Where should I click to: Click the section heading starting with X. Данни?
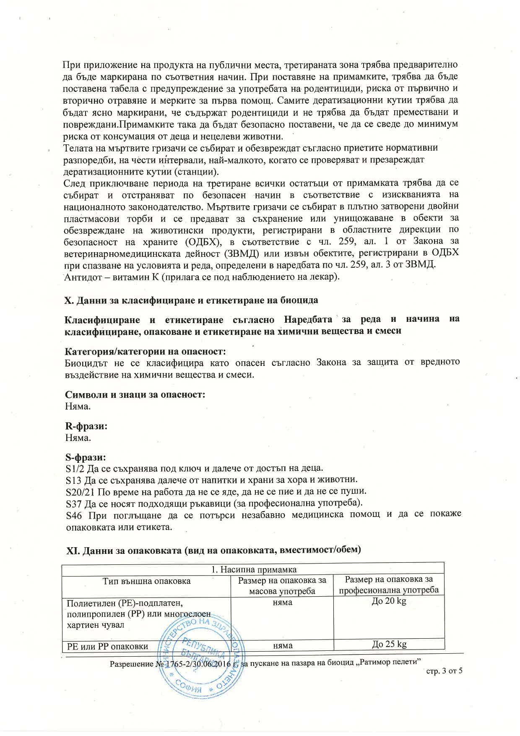point(191,300)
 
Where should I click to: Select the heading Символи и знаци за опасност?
point(135,395)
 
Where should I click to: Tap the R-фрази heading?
point(86,426)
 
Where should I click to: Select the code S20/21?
point(80,491)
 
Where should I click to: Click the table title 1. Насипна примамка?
point(253,569)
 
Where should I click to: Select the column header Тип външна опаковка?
point(146,581)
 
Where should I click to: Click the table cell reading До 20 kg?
point(389,601)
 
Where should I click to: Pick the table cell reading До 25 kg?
point(389,645)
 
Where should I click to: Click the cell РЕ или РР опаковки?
point(108,646)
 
